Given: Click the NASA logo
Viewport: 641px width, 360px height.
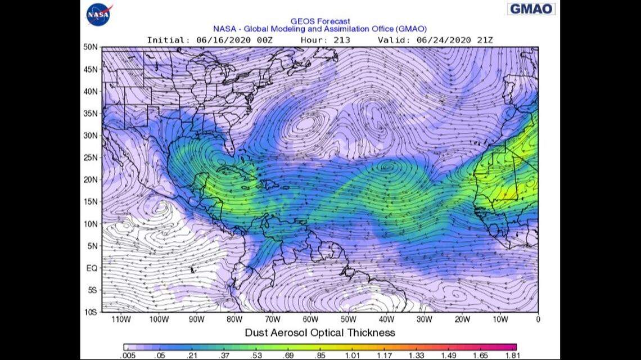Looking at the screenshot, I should coord(99,14).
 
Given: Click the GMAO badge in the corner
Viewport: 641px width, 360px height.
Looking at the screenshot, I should coord(531,9).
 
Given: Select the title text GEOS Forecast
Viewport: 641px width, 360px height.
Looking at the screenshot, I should coord(320,21).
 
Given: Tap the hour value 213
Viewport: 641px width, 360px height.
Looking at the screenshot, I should coord(341,40).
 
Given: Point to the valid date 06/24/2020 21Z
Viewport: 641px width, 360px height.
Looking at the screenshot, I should coord(454,40).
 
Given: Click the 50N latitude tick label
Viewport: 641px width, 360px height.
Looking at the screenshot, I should coord(91,47).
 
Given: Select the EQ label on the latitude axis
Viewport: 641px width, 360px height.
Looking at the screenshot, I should coord(92,268).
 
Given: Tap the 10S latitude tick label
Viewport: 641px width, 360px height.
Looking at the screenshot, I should coord(91,312).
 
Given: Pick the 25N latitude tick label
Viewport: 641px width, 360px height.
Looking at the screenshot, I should coord(91,157).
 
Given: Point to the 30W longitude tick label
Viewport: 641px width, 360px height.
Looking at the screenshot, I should coord(424,319).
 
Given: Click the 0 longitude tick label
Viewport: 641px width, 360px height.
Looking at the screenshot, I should coord(538,319).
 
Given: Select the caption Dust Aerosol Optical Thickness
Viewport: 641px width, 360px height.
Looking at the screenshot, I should coord(319,332).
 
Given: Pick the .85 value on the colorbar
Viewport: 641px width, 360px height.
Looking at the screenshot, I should coord(320,355).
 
